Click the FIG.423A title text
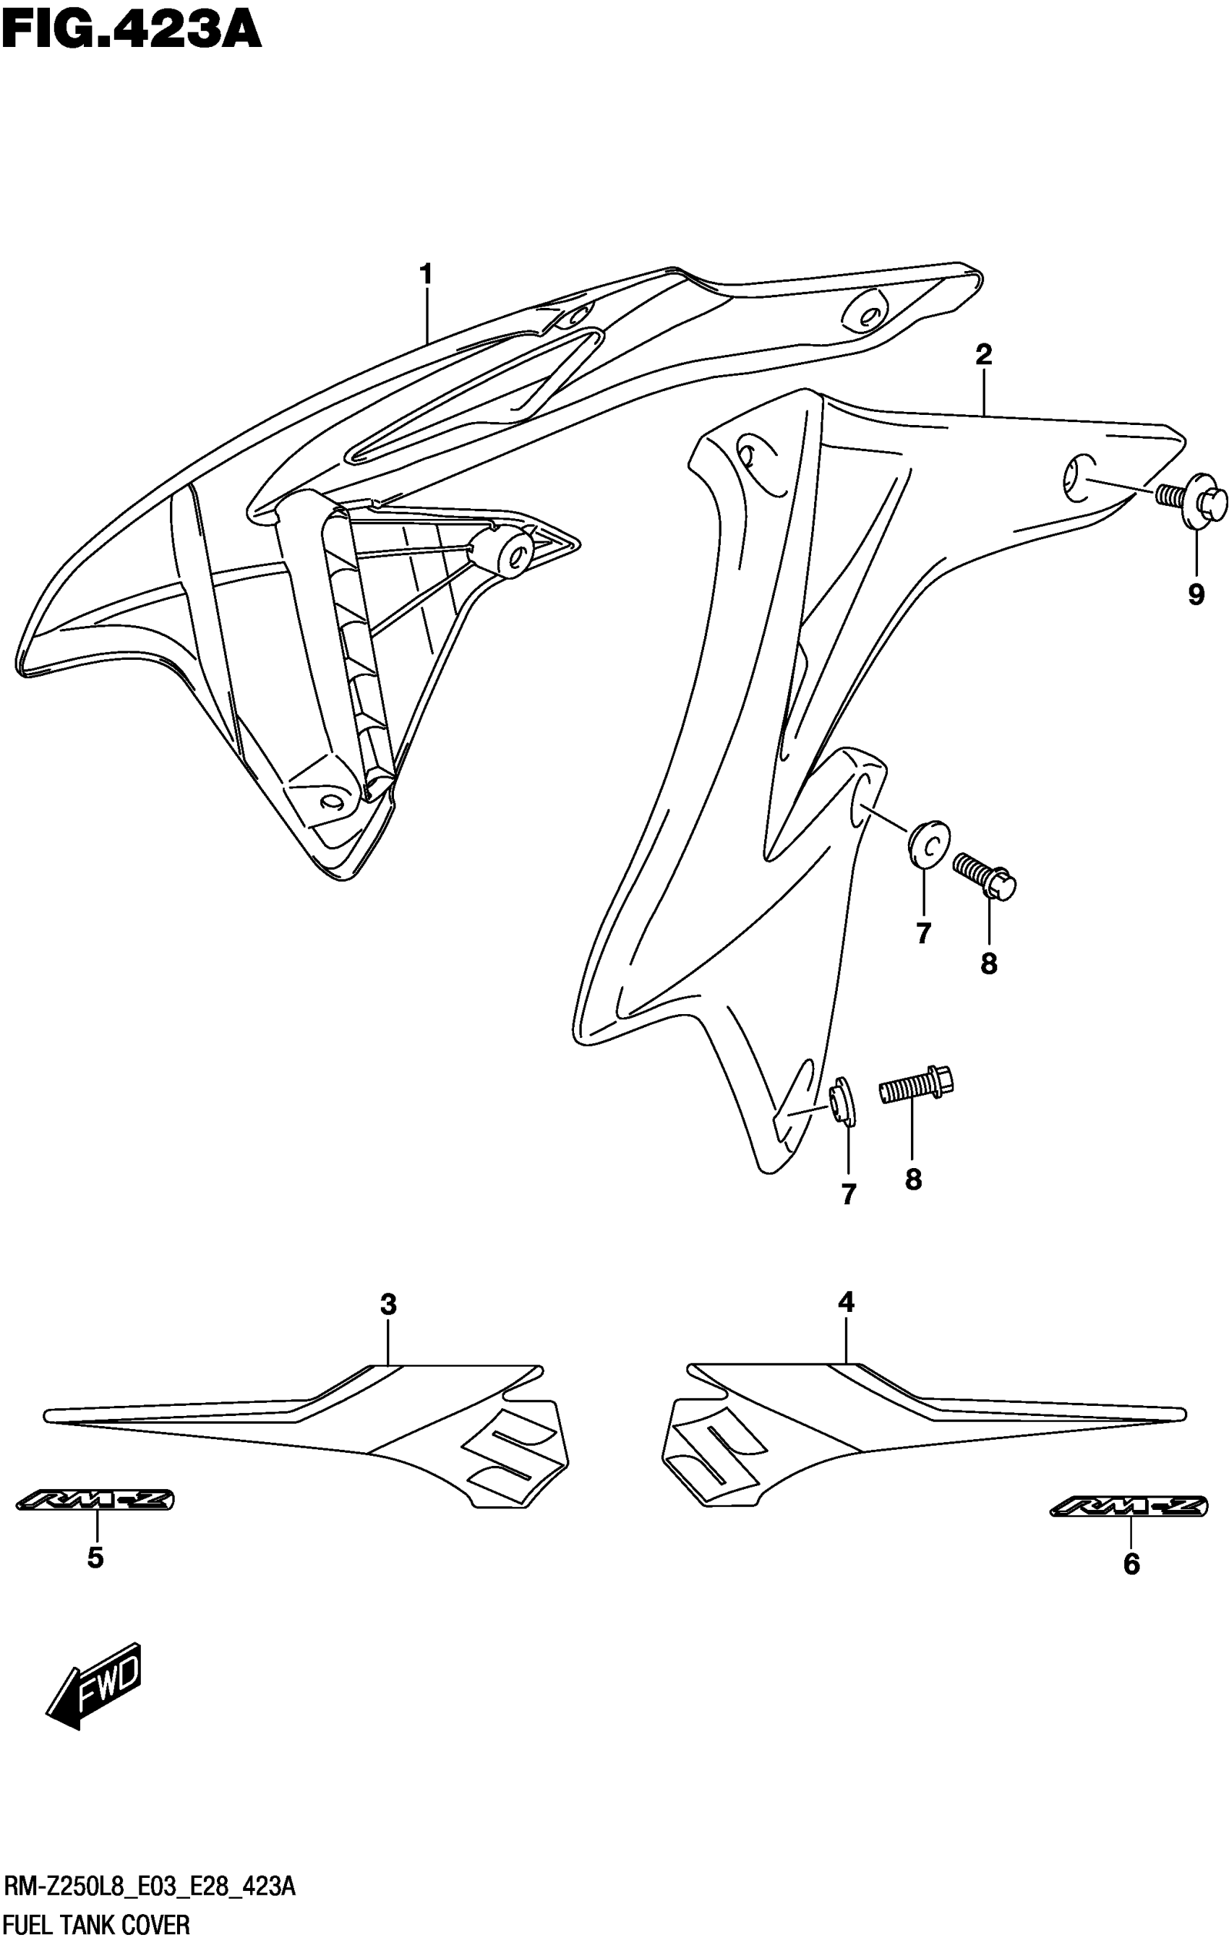[x=132, y=33]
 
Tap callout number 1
[x=426, y=275]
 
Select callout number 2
[x=983, y=354]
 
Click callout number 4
[x=846, y=1303]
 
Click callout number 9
[x=1195, y=596]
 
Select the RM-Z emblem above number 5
[x=95, y=1501]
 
